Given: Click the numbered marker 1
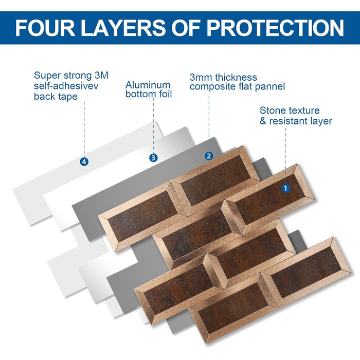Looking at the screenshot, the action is tap(285, 188).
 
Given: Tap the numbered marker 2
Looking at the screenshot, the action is tap(209, 156).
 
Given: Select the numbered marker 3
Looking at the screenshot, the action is tap(153, 158).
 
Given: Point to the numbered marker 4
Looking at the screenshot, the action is tap(84, 161).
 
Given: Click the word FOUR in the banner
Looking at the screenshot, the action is tap(45, 28).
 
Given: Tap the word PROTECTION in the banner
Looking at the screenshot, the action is tap(275, 28).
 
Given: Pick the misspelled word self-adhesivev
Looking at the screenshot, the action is tap(66, 86).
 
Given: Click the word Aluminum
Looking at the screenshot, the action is tap(148, 85).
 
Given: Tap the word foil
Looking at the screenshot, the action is tap(165, 94).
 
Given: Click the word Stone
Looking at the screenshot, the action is tap(272, 111).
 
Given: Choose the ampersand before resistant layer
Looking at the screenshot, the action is tap(263, 121).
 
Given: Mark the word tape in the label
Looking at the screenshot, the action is tap(67, 97).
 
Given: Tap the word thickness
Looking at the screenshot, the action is tap(236, 77).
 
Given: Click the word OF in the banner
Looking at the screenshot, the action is tap(186, 28).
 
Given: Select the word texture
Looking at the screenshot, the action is tap(303, 111).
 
